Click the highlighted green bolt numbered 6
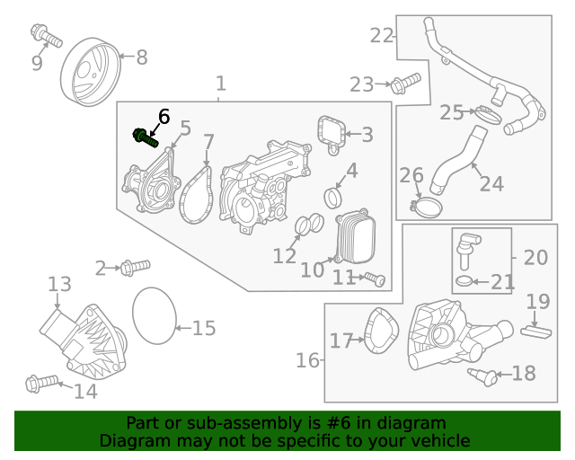[x=146, y=137]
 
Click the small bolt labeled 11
[x=376, y=280]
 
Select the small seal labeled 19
[x=535, y=329]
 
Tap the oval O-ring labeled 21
[x=464, y=283]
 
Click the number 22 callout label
[x=382, y=36]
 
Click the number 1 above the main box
[x=221, y=84]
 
